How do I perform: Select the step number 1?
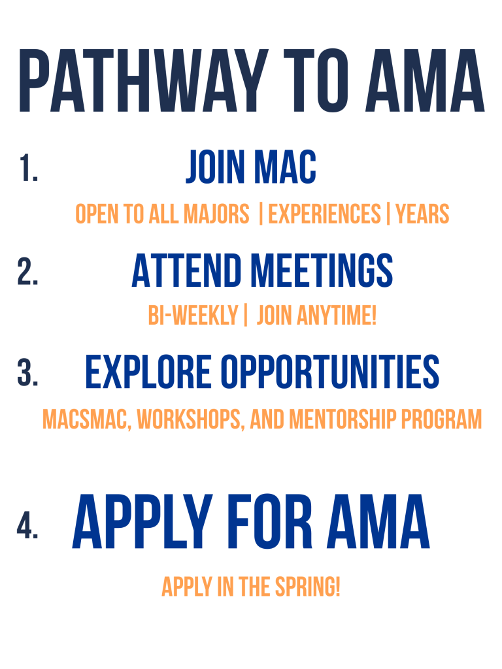point(28,169)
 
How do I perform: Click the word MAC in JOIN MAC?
point(285,167)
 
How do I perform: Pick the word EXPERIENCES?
point(324,214)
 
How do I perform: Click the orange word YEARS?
point(422,214)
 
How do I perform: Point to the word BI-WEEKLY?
point(193,317)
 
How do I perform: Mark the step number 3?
point(28,374)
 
